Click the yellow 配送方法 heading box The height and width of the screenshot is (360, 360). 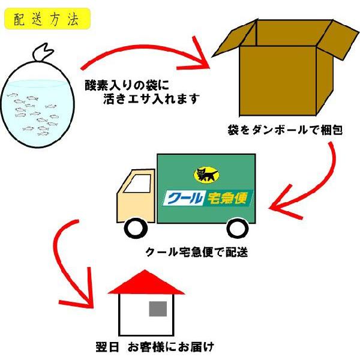[47, 19]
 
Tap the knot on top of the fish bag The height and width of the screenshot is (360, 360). [40, 53]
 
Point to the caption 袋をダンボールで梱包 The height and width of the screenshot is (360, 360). [285, 129]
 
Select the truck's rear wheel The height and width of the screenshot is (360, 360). [238, 228]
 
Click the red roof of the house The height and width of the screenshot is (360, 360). [146, 283]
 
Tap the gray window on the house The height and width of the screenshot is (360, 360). [158, 308]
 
